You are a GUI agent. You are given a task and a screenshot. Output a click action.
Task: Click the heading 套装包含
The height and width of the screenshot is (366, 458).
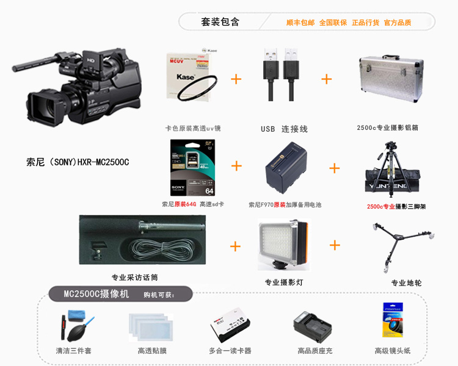[220, 22]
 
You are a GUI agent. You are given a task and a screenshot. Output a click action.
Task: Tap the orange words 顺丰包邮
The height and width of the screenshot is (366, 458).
[300, 23]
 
